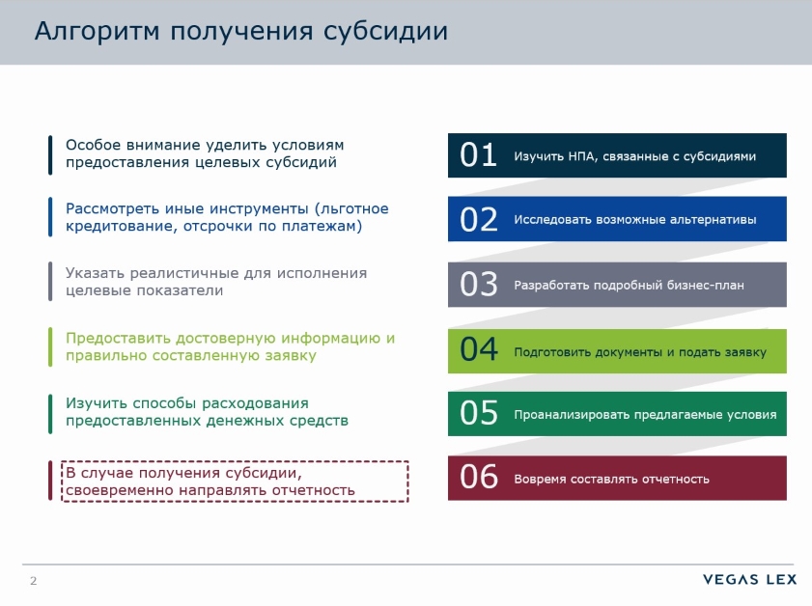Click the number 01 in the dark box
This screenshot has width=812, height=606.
[x=478, y=155]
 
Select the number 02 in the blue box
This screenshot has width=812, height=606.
[x=479, y=220]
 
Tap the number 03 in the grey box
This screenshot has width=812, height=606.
[x=479, y=285]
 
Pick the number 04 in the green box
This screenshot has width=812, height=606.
[x=479, y=350]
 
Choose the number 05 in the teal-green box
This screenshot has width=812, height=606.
[x=479, y=414]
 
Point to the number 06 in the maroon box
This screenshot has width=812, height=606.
[x=479, y=478]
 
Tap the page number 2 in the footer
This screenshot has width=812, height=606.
[x=34, y=581]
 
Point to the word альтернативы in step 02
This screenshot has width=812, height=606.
[x=713, y=220]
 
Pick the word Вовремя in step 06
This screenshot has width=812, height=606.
[x=539, y=479]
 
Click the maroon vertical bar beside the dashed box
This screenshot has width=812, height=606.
[x=49, y=481]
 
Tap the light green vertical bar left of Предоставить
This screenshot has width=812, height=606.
[x=49, y=346]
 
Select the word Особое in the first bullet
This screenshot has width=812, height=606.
[x=89, y=145]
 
